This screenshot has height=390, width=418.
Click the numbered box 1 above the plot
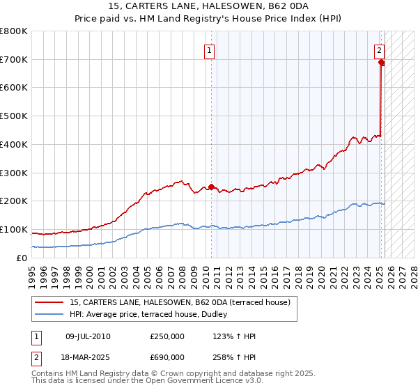[210, 50]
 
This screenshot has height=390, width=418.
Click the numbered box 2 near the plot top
[379, 50]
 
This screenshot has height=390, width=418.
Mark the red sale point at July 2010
[211, 187]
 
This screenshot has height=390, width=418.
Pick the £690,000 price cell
[167, 357]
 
